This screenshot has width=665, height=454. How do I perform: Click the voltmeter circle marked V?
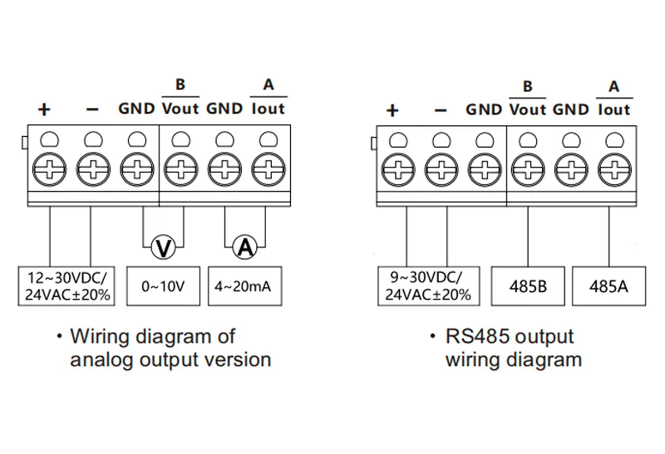[x=165, y=247]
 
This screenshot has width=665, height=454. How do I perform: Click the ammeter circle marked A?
[x=245, y=247]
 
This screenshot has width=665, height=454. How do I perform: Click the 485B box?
[x=528, y=286]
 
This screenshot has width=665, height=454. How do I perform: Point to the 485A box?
[x=608, y=286]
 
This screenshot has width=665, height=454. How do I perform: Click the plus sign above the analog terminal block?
[x=44, y=110]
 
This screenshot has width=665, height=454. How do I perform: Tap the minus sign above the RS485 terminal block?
[x=441, y=110]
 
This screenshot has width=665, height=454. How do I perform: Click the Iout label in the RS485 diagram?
[x=614, y=109]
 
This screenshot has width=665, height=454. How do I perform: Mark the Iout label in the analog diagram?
[x=268, y=108]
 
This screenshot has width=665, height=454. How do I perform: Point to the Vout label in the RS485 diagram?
[x=528, y=109]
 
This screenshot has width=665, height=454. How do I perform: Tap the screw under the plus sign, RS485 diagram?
[x=398, y=172]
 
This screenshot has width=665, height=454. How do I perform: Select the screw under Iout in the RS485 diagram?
[x=614, y=172]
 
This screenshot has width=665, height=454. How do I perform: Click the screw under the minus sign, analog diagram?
[x=91, y=172]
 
